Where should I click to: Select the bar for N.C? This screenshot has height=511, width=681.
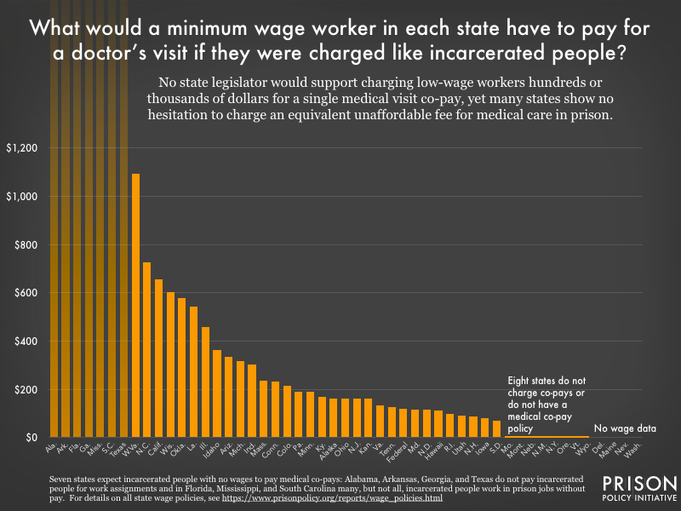(147, 349)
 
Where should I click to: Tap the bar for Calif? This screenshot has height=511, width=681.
(158, 358)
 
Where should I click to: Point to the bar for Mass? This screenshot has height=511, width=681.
(264, 409)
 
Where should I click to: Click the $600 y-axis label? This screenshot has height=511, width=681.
(23, 293)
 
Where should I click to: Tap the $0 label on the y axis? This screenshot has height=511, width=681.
(29, 438)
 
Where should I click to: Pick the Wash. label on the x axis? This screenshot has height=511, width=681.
(638, 449)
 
